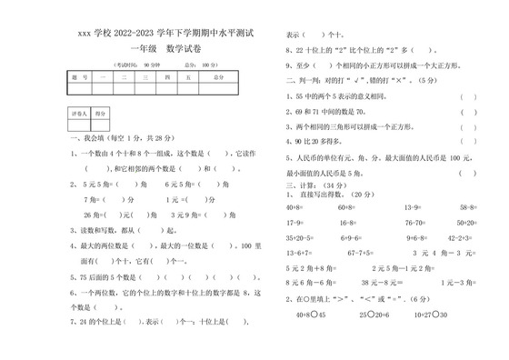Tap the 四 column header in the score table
166,78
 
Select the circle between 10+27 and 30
435,315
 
